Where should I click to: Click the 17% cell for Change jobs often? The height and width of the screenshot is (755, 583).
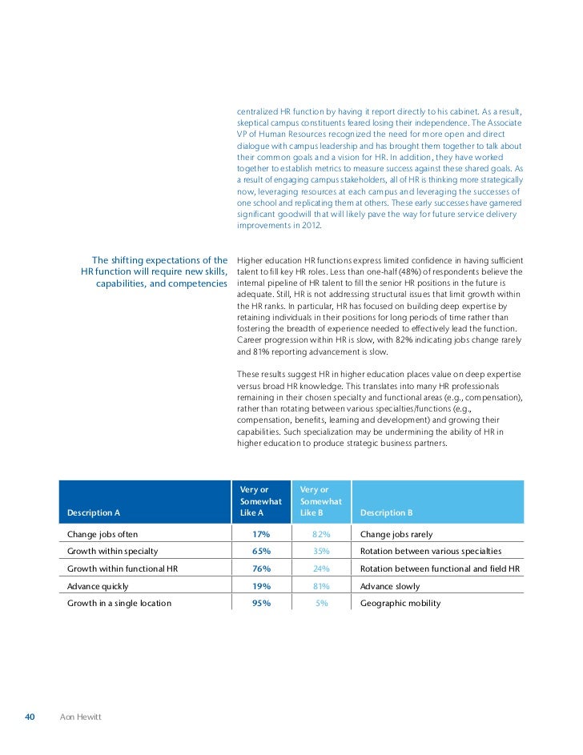pos(261,534)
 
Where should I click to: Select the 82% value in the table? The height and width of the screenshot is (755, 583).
pos(320,534)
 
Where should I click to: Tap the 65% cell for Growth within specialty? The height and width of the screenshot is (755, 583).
pos(261,552)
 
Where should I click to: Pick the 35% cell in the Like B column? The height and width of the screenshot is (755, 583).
pos(320,552)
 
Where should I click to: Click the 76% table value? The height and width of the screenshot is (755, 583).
pos(261,568)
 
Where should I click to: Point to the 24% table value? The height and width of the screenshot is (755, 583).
pos(320,568)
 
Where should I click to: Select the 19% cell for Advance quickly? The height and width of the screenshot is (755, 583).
pos(261,586)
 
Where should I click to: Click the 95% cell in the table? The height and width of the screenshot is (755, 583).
pos(261,603)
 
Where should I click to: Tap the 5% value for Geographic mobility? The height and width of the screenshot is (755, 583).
pos(322,603)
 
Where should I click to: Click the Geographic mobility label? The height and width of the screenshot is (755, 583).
pos(400,603)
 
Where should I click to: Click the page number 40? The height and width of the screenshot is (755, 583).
pos(30,716)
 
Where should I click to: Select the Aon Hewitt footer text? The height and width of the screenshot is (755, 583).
pos(80,716)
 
